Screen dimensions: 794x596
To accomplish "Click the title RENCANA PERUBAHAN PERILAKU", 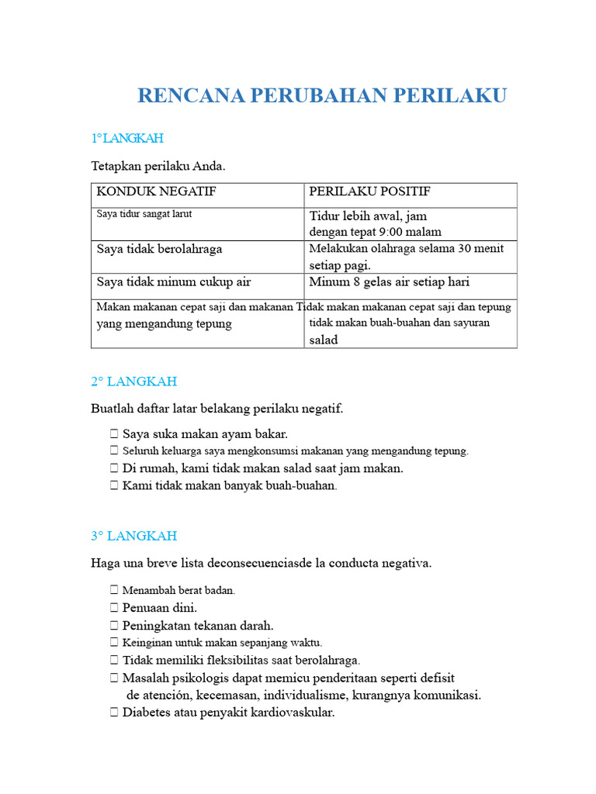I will point(322,95).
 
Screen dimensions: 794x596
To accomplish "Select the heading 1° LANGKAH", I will point(127,138).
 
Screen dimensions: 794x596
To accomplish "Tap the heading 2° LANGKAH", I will point(134,381).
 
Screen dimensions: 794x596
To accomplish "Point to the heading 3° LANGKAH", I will point(134,536).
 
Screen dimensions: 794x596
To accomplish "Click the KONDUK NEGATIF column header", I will point(156,192).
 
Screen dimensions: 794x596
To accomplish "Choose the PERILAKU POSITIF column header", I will point(369,192).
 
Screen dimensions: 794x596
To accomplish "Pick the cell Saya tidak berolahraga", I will point(159,249).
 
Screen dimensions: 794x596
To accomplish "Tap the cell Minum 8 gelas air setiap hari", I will point(389,282).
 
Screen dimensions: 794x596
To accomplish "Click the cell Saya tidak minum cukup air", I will point(173,282).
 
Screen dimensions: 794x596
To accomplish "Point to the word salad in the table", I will point(324,340).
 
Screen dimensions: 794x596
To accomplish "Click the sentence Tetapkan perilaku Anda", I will point(158,166).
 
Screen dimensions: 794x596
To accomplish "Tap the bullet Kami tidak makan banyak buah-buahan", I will point(230,486).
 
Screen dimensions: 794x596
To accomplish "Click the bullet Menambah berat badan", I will point(178,590).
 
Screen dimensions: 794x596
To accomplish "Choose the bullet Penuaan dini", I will point(160,607).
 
